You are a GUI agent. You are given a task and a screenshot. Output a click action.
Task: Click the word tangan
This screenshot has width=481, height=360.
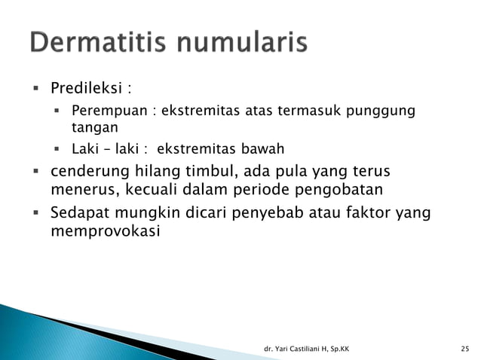coord(90,128)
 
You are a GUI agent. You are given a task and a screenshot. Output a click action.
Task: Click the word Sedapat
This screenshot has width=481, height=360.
coord(78,213)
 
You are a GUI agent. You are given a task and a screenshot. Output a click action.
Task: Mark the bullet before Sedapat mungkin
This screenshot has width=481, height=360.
coord(35,213)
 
